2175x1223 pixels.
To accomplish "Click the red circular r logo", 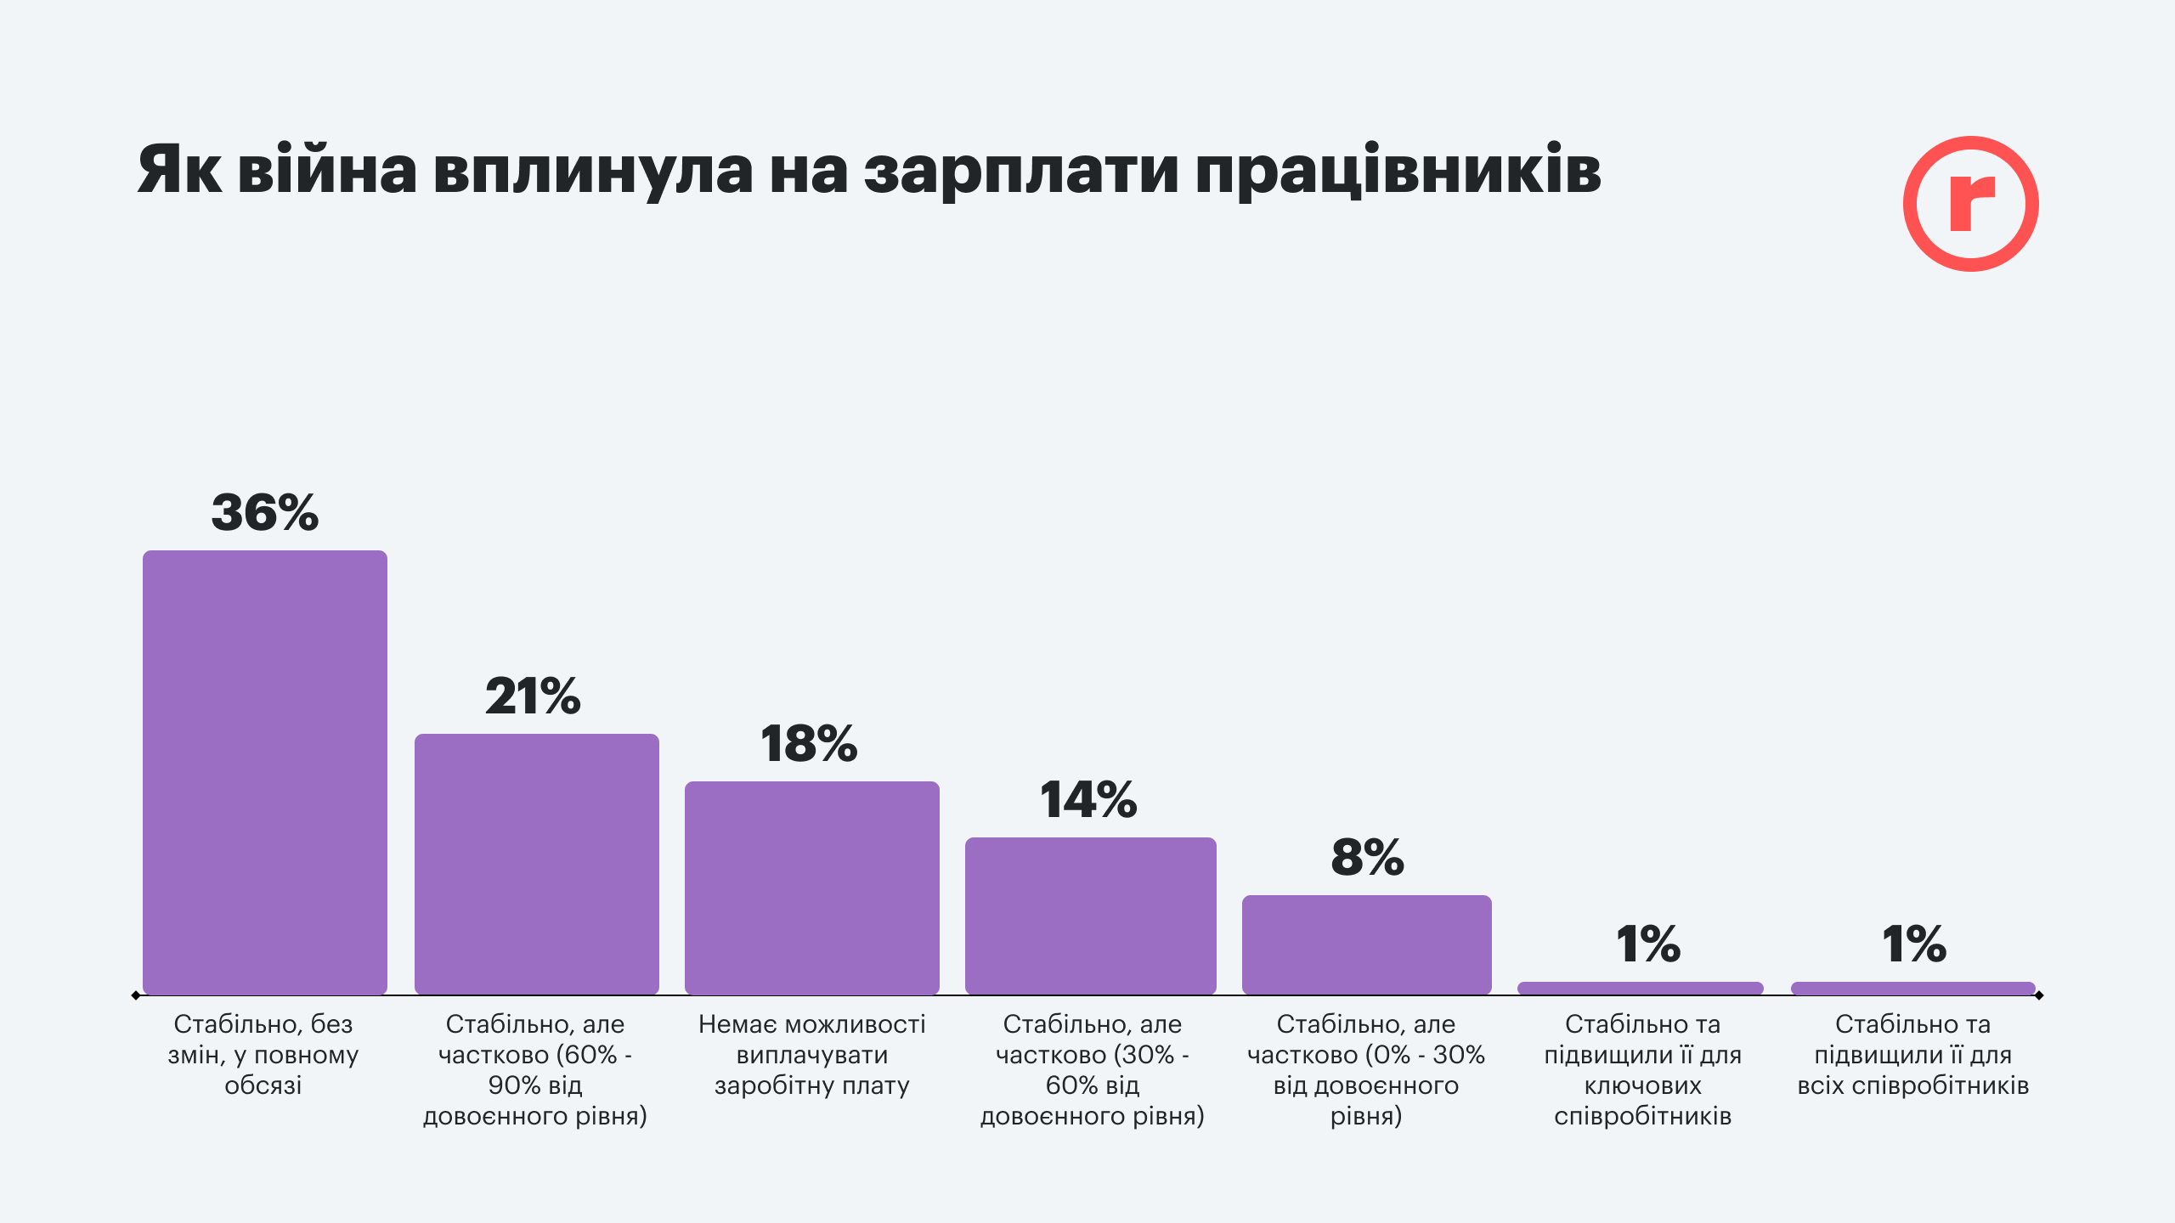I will click(x=1970, y=204).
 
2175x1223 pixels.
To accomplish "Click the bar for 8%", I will click(x=1366, y=944).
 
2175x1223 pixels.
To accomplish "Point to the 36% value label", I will click(x=265, y=513).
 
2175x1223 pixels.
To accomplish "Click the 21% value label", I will click(x=533, y=696).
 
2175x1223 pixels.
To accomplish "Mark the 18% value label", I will click(x=809, y=744).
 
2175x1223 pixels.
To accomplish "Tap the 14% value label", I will click(x=1088, y=800).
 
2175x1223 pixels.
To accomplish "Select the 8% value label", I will click(x=1367, y=858).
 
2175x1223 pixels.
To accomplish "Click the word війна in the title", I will click(x=327, y=170).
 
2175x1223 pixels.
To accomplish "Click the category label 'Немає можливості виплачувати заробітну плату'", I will click(x=812, y=1055).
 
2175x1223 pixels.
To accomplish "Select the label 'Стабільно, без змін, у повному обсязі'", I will click(x=263, y=1055).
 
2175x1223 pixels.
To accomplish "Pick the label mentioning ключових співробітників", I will click(x=1642, y=1070).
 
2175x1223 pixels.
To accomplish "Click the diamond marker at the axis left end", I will click(x=136, y=995).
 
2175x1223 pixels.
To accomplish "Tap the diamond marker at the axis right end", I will click(x=2039, y=995).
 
